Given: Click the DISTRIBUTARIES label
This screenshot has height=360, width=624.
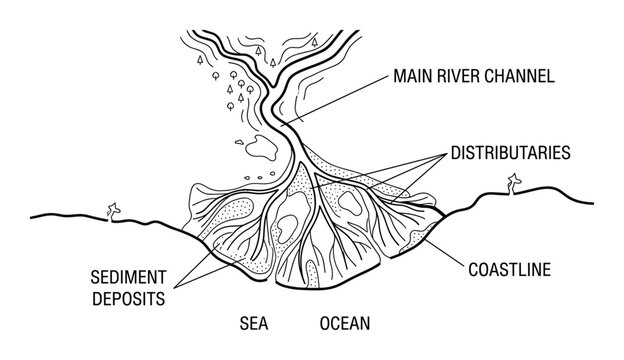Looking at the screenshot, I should click(510, 154).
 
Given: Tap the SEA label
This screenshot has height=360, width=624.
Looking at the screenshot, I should click(254, 324).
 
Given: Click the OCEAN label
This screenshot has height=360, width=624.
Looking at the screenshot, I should click(345, 324).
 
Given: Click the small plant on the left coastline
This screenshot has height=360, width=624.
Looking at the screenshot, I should click(113, 209).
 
